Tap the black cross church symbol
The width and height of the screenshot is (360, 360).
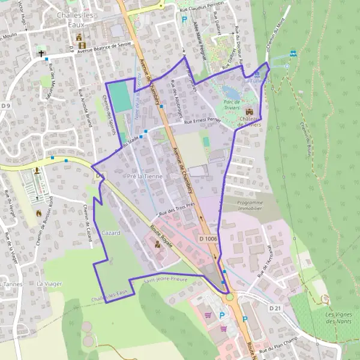pos(42,53)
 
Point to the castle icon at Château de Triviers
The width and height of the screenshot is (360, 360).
pos(250,111)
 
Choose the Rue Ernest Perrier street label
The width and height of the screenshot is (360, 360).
pos(202,122)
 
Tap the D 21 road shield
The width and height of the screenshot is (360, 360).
pos(275,308)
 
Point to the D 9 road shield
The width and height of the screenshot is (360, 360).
pos(6,106)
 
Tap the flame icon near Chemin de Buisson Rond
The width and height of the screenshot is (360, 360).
pos(39,214)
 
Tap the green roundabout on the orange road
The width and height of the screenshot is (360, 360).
pos(229,296)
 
